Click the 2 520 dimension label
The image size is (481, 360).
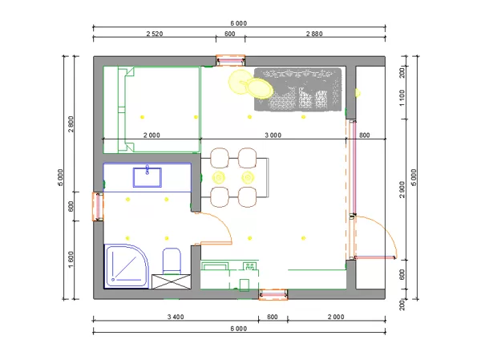coord(154,34)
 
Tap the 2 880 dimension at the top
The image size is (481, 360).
coord(314,34)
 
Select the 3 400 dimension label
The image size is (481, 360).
coord(176,317)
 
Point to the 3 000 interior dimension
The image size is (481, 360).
coord(273,135)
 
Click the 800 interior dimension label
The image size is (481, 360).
coord(364,135)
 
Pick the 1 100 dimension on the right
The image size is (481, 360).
coord(402,98)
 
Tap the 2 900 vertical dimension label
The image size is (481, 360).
coord(402,190)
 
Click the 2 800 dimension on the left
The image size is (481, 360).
coord(71,124)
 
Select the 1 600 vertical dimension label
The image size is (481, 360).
coord(71,260)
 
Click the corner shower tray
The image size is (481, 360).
coord(126,266)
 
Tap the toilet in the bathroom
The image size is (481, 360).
coord(172,261)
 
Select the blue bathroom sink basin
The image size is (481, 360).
coord(148,177)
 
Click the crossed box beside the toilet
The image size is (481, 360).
coord(172,281)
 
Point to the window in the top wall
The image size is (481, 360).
coord(230,60)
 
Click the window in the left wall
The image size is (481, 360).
coord(98,206)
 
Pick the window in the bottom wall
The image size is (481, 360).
coord(273,294)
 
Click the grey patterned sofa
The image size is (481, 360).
coord(298,89)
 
